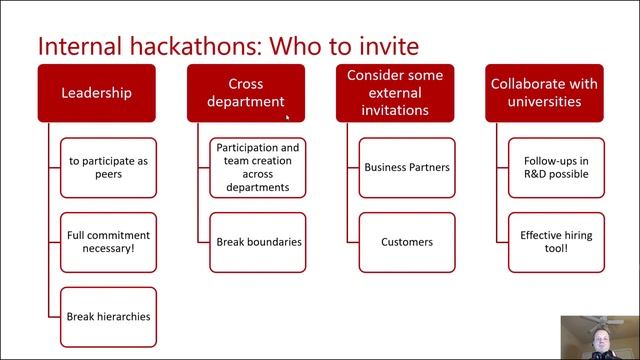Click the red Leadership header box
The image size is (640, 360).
tap(96, 93)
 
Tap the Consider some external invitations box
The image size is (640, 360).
tap(394, 93)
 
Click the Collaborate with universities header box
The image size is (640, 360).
tap(543, 93)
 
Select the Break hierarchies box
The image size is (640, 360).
tap(108, 316)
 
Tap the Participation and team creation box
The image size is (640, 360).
tap(257, 167)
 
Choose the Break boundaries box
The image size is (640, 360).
tap(257, 242)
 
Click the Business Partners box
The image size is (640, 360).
tap(406, 167)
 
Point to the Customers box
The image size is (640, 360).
tap(406, 242)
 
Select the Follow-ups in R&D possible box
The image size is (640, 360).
tap(555, 167)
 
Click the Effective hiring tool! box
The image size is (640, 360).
tap(555, 242)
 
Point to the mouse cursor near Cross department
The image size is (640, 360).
tap(287, 116)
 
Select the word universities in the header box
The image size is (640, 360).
tap(543, 101)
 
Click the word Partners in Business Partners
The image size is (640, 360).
tap(428, 167)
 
